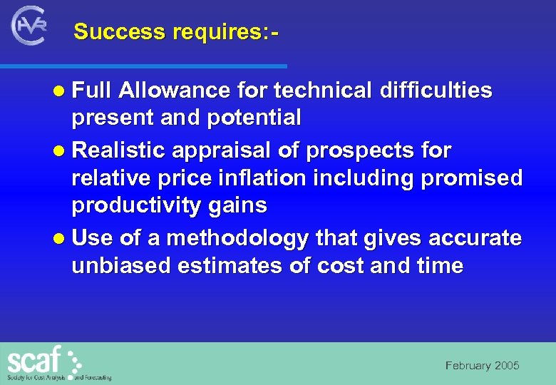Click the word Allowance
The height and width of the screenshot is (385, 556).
point(175,91)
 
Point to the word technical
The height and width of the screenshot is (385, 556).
point(322,91)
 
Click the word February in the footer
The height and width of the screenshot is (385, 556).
point(468,366)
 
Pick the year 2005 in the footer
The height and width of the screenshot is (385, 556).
point(507,366)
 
